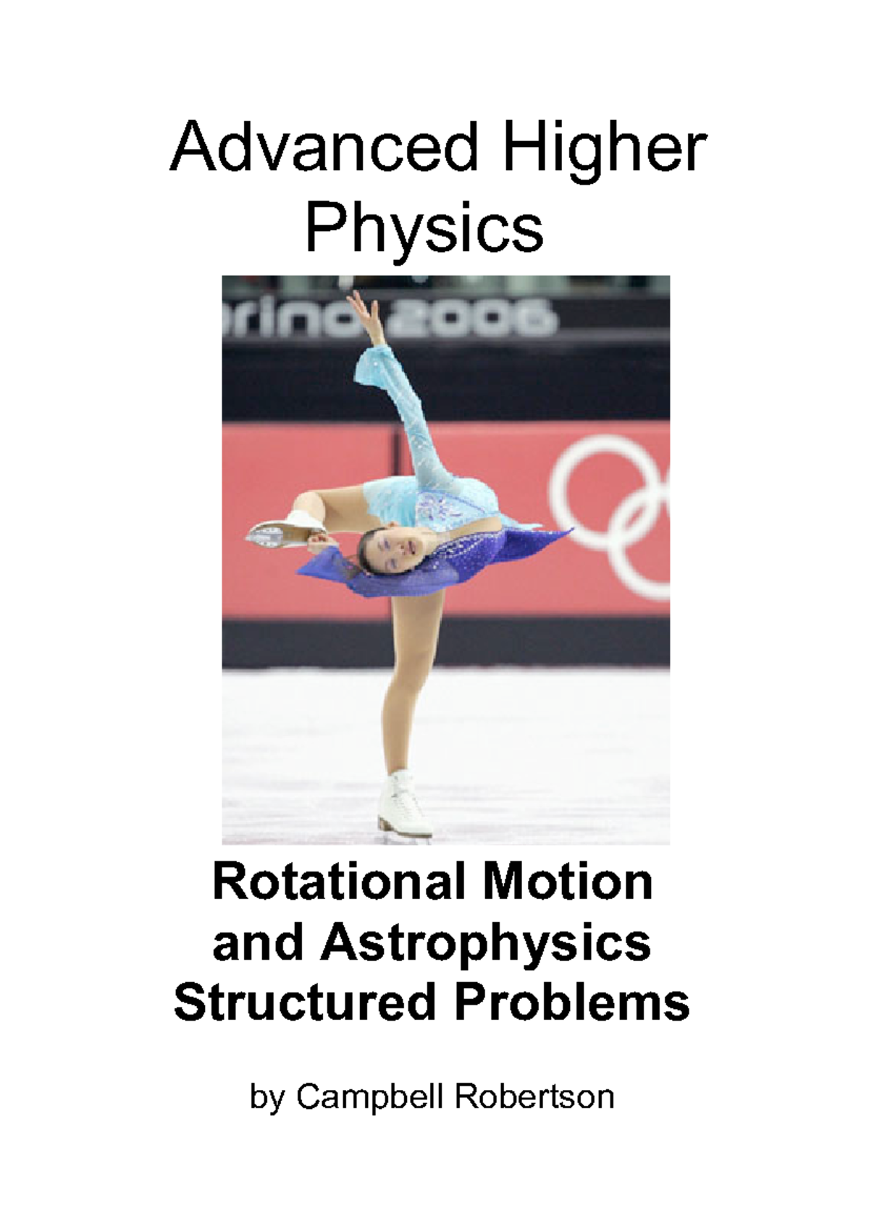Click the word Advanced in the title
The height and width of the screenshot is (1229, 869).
tap(324, 148)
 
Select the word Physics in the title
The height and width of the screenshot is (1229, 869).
tap(424, 228)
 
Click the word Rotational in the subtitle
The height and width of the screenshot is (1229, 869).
tap(339, 882)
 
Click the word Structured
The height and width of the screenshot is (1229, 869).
tap(304, 1002)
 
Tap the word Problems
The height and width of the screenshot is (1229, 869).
tap(572, 1002)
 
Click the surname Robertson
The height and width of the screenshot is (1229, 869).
tap(534, 1097)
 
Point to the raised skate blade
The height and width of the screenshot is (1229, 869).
tap(268, 536)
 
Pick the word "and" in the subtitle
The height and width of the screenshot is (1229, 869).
tap(256, 944)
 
